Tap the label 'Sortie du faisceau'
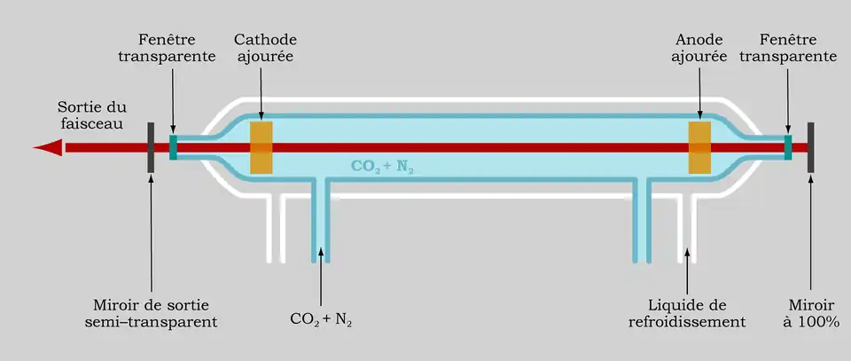91,116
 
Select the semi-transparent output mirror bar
152,147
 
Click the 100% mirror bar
810,147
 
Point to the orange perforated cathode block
262,147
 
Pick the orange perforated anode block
699,147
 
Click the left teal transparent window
174,147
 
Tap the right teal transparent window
787,147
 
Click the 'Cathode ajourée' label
265,49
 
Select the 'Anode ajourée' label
700,49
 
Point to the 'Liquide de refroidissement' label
687,313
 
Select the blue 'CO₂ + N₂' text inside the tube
382,166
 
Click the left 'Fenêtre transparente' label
177,49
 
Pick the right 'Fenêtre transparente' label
788,49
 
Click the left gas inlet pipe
320,222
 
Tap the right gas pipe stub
641,222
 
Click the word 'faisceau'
91,125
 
